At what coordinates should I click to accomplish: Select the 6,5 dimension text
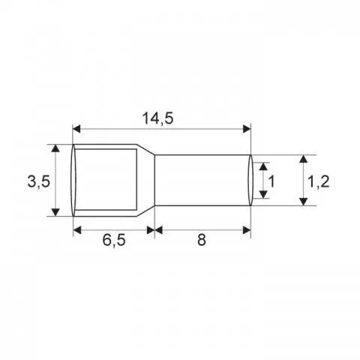pos(112,242)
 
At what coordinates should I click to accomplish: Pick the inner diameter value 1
pos(272,181)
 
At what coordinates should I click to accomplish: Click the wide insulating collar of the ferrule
pos(105,181)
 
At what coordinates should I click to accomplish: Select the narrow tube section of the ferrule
pos(199,181)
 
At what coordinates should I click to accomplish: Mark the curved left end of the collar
pos(73,181)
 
